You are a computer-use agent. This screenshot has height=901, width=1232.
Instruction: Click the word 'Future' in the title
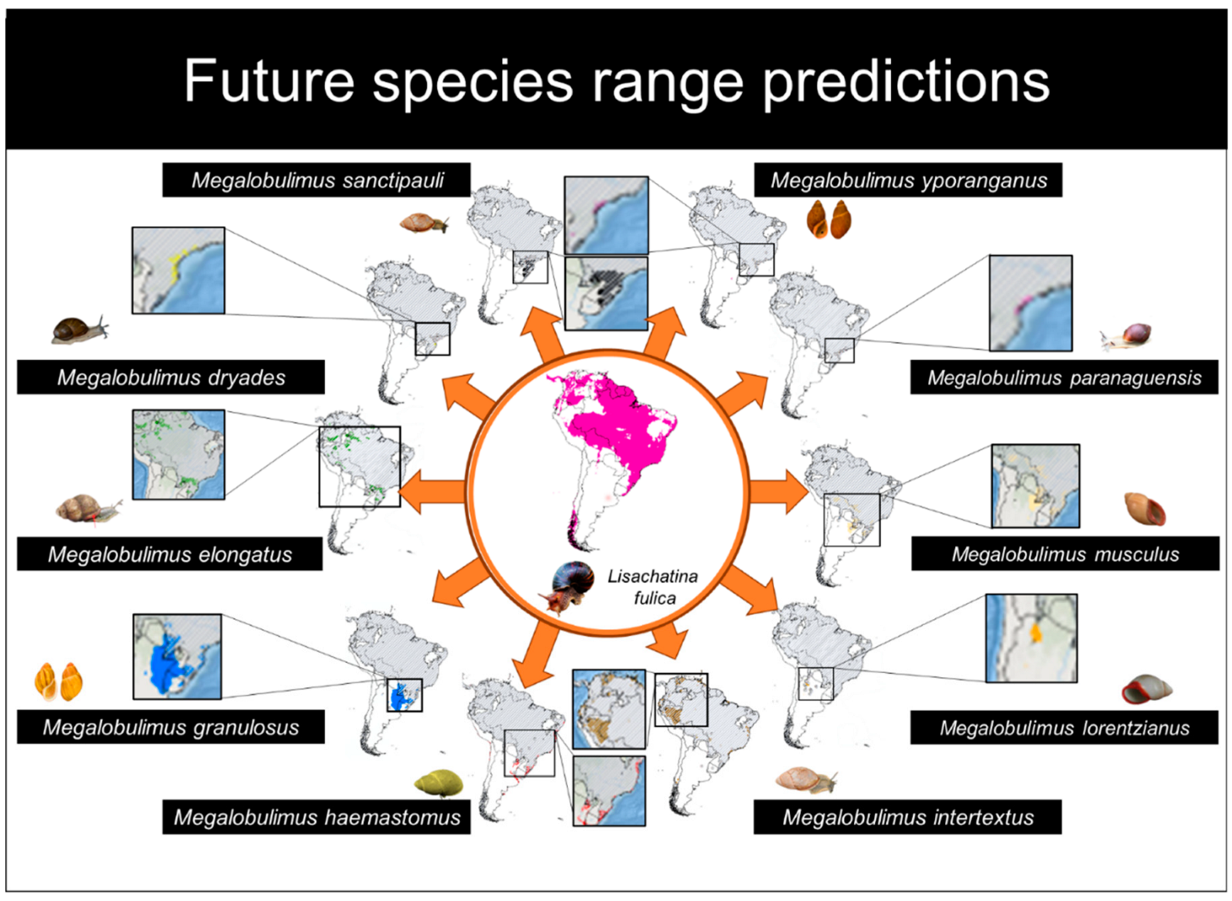tap(269, 81)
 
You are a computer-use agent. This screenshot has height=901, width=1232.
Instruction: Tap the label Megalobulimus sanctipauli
tap(316, 180)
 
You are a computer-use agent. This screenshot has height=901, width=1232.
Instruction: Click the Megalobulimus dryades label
tap(170, 377)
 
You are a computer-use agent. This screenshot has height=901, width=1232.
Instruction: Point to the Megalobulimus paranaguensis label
tap(1064, 377)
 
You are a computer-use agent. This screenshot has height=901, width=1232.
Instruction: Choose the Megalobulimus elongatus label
tap(170, 554)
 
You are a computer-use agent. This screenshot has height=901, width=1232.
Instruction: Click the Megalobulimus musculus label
tap(1065, 554)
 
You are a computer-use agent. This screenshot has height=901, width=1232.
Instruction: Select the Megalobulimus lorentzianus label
tap(1064, 728)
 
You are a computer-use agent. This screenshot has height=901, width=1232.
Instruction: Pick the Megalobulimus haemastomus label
tap(316, 817)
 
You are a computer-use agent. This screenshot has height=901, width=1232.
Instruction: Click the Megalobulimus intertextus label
tap(907, 817)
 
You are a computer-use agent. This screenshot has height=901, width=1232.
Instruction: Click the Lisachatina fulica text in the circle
tap(653, 587)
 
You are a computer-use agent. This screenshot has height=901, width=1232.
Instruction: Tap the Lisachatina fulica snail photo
tap(566, 587)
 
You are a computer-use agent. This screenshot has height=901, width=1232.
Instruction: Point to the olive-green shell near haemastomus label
tap(438, 783)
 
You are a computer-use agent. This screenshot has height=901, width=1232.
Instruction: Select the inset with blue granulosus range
tap(177, 657)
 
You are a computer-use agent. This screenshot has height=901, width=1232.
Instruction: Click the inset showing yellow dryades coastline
tap(178, 270)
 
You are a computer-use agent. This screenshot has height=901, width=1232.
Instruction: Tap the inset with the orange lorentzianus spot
tap(1031, 638)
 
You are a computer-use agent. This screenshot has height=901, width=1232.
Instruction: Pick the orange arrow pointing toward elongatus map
tap(432, 491)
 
